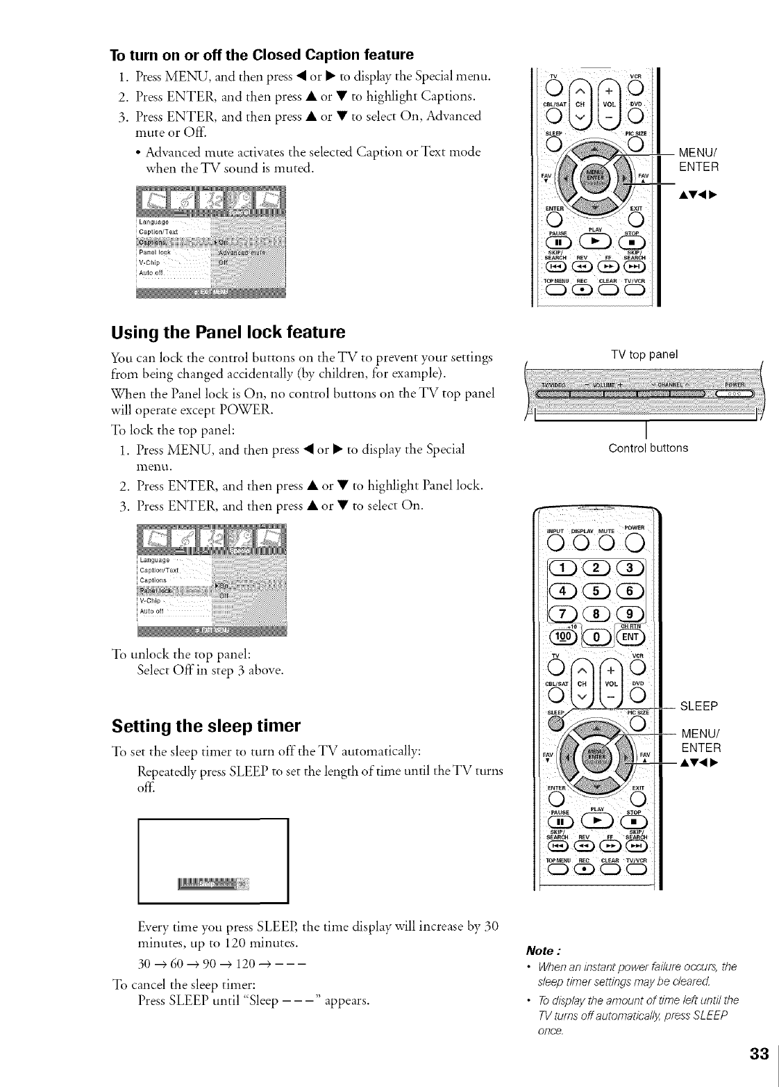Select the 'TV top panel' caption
click(644, 354)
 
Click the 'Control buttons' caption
click(648, 448)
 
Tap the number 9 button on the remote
click(632, 614)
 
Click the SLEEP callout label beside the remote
click(698, 707)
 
